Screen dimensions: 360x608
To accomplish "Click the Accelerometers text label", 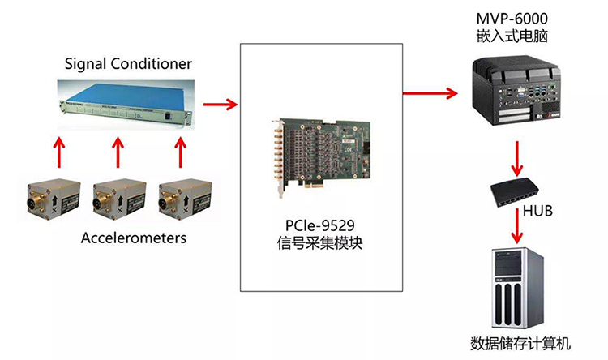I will pyautogui.click(x=133, y=238).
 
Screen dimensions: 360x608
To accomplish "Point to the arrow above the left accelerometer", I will pyautogui.click(x=56, y=152).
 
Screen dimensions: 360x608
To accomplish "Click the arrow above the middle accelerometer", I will pyautogui.click(x=118, y=152).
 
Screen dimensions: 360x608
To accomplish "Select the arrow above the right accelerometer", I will pyautogui.click(x=180, y=152).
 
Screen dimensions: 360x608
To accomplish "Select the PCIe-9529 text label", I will pyautogui.click(x=322, y=225).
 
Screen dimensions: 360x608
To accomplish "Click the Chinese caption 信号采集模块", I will pyautogui.click(x=322, y=242).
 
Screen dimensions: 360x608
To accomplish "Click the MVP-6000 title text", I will pyautogui.click(x=515, y=18).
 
